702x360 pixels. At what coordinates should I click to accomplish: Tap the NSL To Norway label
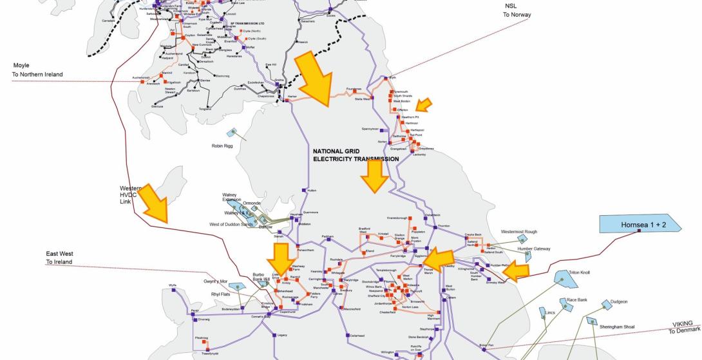(518, 10)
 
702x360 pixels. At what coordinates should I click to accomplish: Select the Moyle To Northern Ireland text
(37, 70)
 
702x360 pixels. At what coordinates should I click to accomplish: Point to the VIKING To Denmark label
(683, 327)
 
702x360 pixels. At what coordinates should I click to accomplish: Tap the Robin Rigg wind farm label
(222, 146)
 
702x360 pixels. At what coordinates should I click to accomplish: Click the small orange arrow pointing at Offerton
(423, 104)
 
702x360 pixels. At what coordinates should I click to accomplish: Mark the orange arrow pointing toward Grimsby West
(516, 272)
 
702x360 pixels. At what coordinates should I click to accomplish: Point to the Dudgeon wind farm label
(618, 301)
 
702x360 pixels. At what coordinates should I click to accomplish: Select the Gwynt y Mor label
(216, 282)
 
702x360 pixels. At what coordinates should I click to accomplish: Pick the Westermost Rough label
(518, 231)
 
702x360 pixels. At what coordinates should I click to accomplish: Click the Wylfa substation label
(173, 285)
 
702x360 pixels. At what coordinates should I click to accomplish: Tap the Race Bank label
(577, 300)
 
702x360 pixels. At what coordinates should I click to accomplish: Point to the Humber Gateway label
(534, 248)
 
